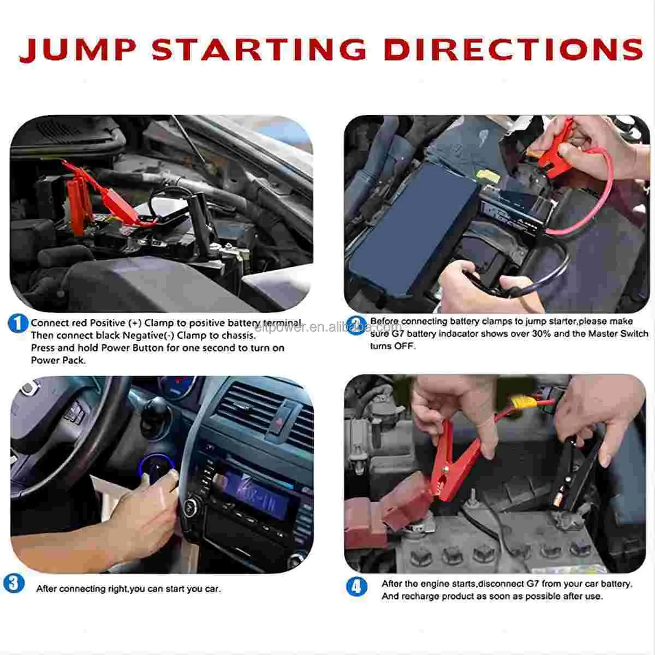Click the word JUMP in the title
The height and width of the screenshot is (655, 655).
click(x=77, y=50)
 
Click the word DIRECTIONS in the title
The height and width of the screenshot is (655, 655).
click(x=513, y=50)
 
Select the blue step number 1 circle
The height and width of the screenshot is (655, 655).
click(x=18, y=323)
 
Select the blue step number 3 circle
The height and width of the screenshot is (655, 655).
click(x=14, y=583)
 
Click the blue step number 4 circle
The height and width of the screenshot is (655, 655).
click(x=356, y=587)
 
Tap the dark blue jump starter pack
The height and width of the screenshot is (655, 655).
click(x=415, y=229)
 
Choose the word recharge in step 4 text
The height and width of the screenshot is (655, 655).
click(x=421, y=596)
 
